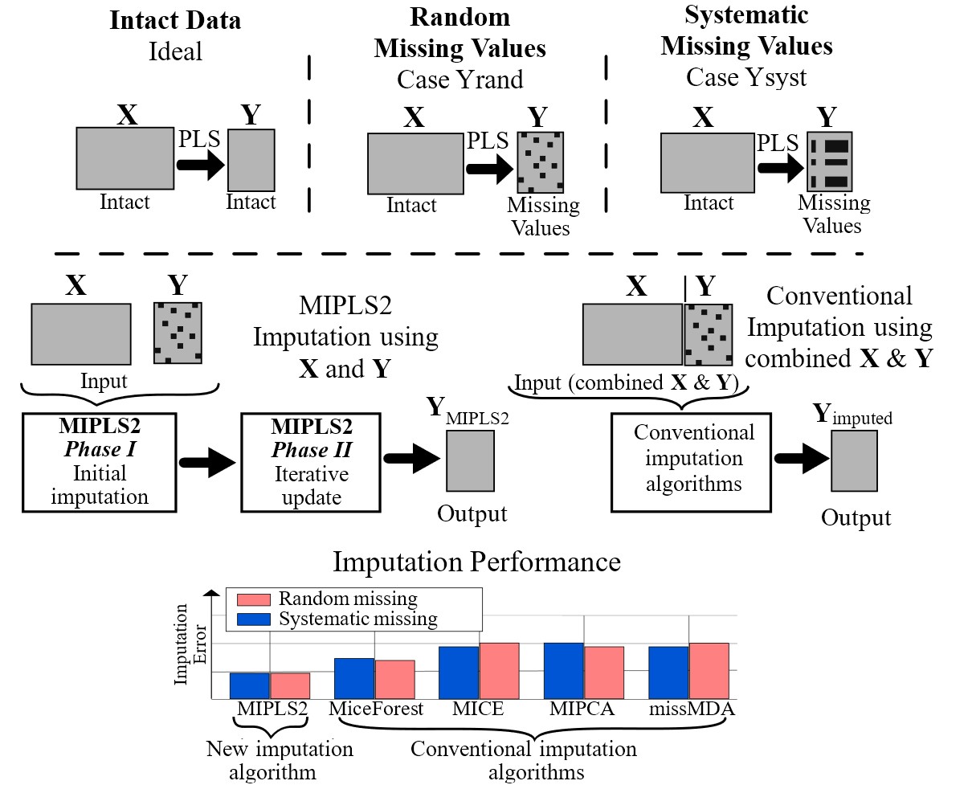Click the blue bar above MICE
(x=459, y=673)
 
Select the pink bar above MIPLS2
(x=289, y=685)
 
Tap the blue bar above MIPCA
(x=563, y=671)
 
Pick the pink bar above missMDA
(x=709, y=671)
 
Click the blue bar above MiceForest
(x=353, y=679)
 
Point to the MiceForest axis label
(x=376, y=709)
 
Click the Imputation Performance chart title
(x=476, y=561)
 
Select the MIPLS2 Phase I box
(x=99, y=461)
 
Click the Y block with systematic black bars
(x=830, y=161)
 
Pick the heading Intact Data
(x=175, y=20)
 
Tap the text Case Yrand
(x=459, y=79)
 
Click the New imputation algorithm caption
(x=280, y=760)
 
